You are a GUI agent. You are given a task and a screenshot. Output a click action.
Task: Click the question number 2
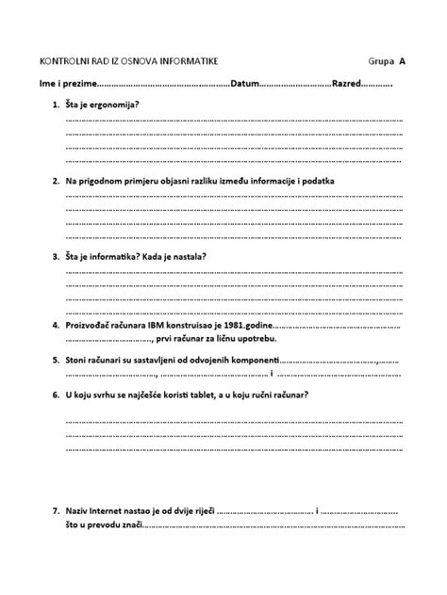coord(56,180)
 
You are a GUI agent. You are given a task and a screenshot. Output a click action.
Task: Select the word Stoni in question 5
coord(76,360)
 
